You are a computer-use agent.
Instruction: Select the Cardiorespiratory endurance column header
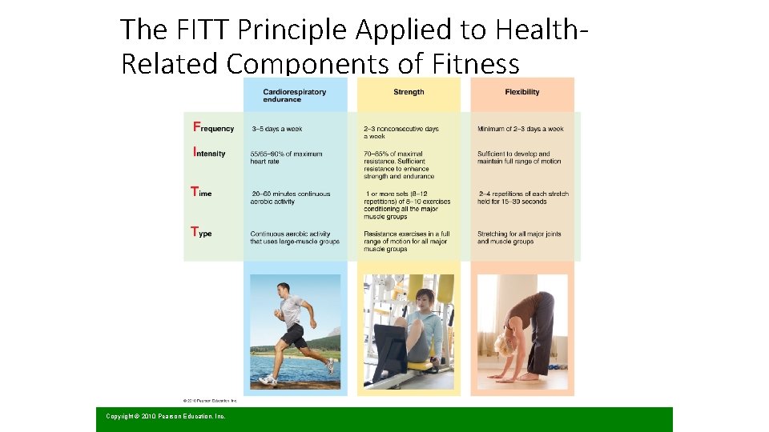pyautogui.click(x=294, y=95)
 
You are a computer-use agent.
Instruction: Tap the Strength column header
pyautogui.click(x=409, y=92)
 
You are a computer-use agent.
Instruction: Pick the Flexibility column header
pyautogui.click(x=522, y=92)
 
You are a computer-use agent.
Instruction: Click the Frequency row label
pyautogui.click(x=214, y=128)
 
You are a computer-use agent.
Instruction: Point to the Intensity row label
pyautogui.click(x=209, y=153)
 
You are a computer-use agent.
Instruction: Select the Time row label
pyautogui.click(x=201, y=193)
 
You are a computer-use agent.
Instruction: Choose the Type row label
pyautogui.click(x=201, y=233)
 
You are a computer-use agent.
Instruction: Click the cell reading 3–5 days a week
pyautogui.click(x=277, y=129)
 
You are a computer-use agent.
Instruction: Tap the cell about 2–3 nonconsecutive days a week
pyautogui.click(x=401, y=132)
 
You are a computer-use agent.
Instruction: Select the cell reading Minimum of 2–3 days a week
pyautogui.click(x=520, y=129)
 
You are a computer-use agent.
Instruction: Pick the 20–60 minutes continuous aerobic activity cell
pyautogui.click(x=290, y=198)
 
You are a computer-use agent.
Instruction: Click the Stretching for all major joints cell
pyautogui.click(x=519, y=238)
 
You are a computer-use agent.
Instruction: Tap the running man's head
pyautogui.click(x=286, y=290)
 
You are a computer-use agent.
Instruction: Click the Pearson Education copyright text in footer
pyautogui.click(x=166, y=416)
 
